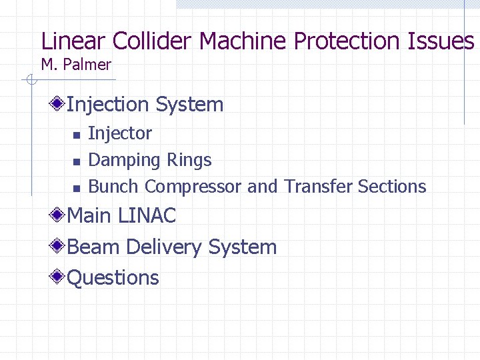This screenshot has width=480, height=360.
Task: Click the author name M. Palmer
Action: coord(76,65)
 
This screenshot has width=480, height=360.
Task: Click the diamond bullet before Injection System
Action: coord(59,103)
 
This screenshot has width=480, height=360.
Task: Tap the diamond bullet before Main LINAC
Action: coord(59,215)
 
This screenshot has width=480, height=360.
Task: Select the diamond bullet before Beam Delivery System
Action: coord(59,246)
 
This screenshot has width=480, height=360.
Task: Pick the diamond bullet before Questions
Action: coord(59,277)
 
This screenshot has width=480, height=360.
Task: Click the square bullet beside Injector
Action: coord(76,135)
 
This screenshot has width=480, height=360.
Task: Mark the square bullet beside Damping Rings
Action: coord(76,161)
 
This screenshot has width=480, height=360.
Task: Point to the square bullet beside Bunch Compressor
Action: coord(76,187)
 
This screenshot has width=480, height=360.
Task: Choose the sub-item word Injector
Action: coord(120,133)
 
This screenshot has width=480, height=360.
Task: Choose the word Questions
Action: coord(113,277)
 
